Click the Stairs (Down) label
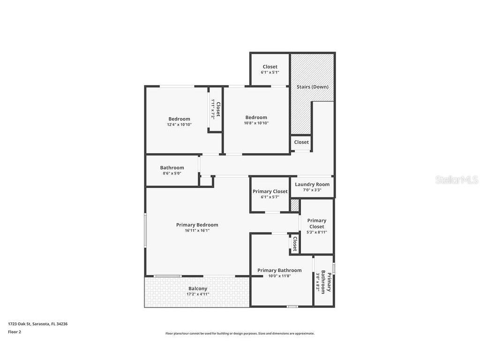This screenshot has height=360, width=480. point(312,87)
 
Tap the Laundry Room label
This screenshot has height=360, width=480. point(312,184)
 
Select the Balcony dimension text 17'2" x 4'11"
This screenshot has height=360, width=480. point(198,294)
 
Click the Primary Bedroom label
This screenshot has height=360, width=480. point(197,225)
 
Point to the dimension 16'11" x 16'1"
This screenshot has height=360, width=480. point(197,231)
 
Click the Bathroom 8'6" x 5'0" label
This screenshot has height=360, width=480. point(172,168)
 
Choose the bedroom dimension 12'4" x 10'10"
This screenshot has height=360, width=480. point(179,125)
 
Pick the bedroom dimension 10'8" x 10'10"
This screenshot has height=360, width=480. point(256,123)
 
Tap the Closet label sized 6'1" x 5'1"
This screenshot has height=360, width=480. point(270,67)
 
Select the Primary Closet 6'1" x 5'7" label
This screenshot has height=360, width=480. point(270,191)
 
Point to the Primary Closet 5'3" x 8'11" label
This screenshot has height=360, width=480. point(316,224)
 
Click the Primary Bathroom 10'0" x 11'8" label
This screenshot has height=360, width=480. point(279,270)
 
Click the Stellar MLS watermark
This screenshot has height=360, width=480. point(457,180)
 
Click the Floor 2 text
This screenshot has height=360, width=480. point(15,332)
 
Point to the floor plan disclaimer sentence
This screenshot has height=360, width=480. point(240,334)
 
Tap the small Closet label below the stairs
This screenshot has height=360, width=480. point(301,142)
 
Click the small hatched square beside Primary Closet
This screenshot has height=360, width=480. point(295,205)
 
